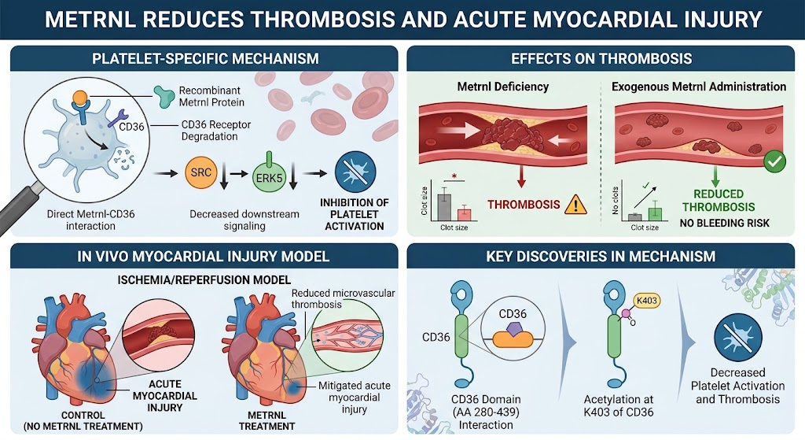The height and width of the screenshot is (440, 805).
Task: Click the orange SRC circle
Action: [200, 172]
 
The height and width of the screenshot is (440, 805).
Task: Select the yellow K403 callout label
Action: [646, 301]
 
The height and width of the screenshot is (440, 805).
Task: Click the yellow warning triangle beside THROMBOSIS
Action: [575, 204]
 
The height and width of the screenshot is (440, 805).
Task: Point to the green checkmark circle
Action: [774, 161]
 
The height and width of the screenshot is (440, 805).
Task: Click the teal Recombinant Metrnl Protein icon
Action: [164, 96]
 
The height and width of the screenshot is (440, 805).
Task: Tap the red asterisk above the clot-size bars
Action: [454, 176]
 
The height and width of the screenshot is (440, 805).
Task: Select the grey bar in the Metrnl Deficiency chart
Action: [444, 207]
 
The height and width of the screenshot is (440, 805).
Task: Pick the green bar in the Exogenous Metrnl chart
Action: [655, 214]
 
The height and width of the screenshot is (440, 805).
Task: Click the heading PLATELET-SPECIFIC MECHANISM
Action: [205, 58]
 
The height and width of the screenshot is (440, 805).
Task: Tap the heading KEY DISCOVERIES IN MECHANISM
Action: [601, 256]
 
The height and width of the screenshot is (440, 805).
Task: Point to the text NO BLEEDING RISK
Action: [724, 223]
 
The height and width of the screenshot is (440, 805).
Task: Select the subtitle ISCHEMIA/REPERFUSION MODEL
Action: [204, 280]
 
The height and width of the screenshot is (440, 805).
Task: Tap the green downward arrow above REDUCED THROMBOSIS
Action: [715, 176]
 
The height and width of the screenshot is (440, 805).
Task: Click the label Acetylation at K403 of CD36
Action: [619, 405]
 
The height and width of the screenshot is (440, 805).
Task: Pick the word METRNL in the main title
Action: [90, 20]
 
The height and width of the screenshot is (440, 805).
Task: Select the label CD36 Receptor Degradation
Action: [216, 131]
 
